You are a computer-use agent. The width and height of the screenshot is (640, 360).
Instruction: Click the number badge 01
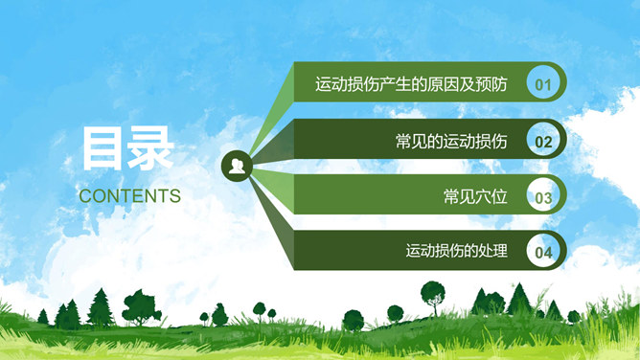click(x=543, y=84)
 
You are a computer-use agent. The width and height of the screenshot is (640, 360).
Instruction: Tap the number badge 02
click(x=543, y=142)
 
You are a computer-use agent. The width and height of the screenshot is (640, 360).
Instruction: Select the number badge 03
click(x=543, y=198)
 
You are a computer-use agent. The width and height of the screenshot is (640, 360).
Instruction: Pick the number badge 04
click(x=543, y=253)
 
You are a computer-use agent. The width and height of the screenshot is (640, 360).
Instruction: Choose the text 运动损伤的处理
click(x=456, y=252)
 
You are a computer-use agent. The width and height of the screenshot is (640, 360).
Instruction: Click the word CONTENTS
click(x=129, y=195)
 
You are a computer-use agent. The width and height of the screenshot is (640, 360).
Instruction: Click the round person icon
click(x=236, y=168)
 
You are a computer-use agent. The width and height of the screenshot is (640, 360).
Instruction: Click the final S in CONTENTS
click(x=174, y=195)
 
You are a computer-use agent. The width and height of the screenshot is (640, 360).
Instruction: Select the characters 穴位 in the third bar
click(x=491, y=197)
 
